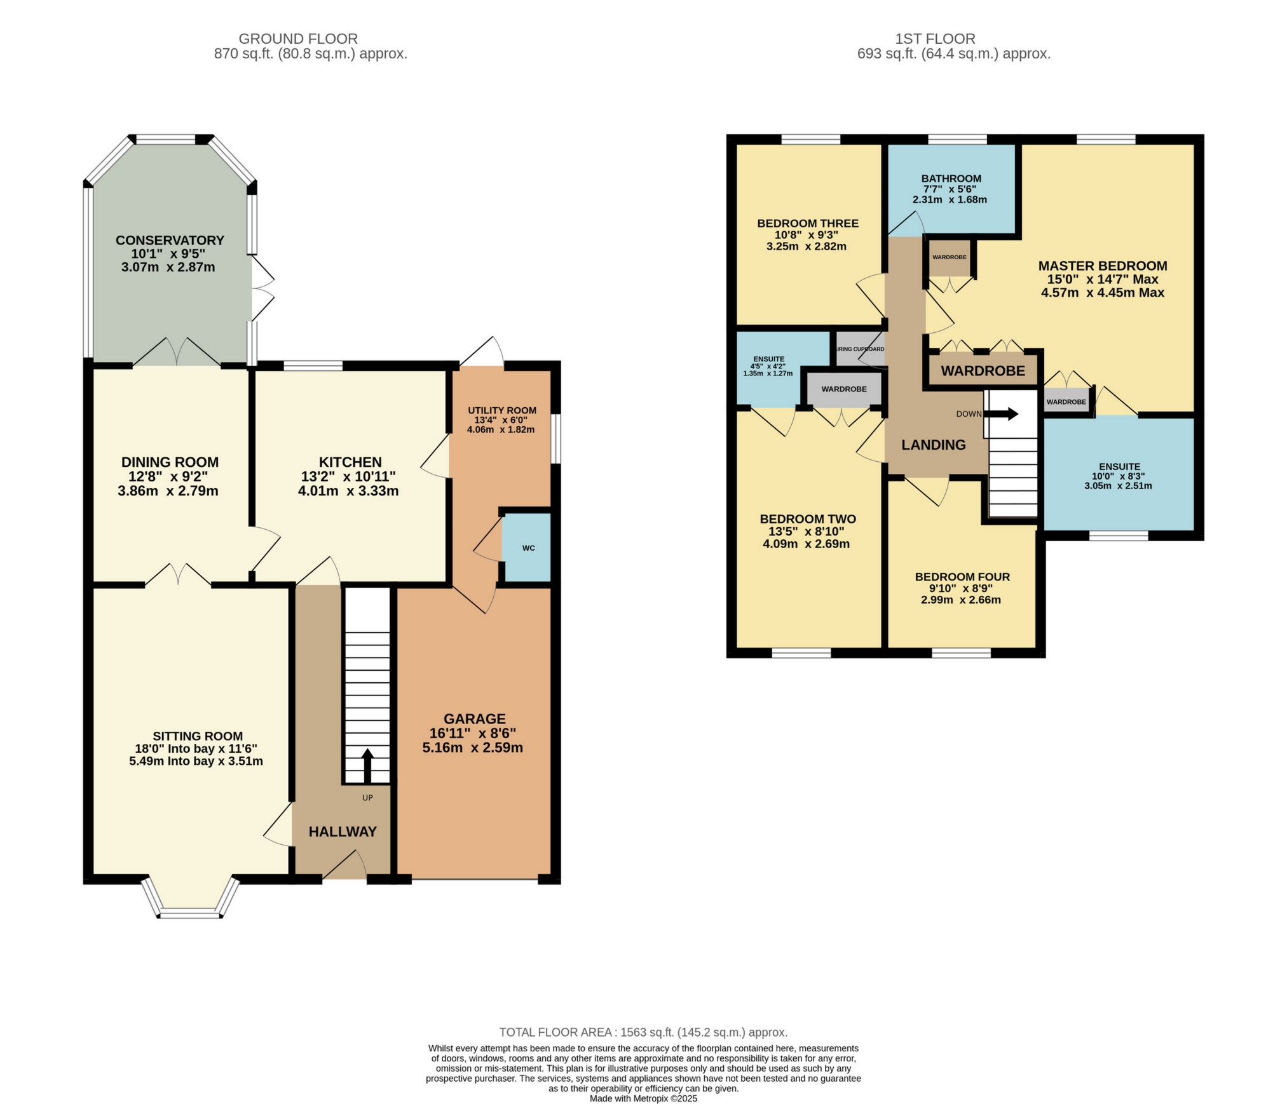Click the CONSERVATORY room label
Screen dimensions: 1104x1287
tap(170, 240)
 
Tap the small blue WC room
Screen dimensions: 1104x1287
tap(528, 548)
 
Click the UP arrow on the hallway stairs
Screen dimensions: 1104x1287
tap(367, 765)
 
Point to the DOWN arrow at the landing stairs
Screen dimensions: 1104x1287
tap(1002, 414)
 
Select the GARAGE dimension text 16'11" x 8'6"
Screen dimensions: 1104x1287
tap(473, 733)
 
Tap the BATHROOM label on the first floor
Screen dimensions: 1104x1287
tap(951, 178)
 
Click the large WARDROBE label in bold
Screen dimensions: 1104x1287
tap(983, 371)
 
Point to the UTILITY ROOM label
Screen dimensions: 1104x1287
tap(501, 410)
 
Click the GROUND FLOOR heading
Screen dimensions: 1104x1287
tap(297, 39)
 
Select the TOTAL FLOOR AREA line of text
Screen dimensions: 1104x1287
tap(643, 1032)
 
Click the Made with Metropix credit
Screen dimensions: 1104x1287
tap(643, 1098)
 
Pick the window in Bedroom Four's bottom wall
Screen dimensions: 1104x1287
tap(961, 652)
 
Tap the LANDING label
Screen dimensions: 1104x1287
tap(933, 445)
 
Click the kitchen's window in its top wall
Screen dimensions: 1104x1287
tap(313, 365)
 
